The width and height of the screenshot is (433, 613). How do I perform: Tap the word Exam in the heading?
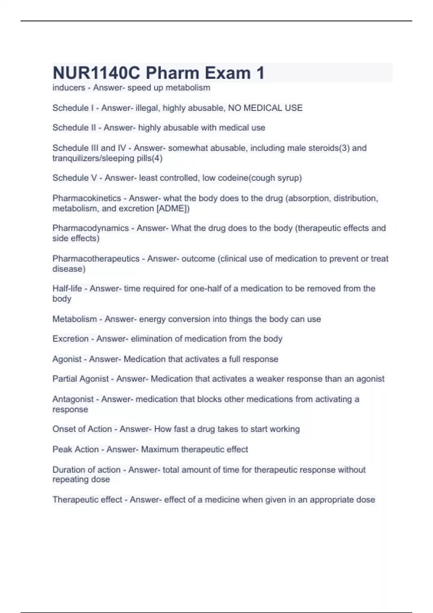[228, 73]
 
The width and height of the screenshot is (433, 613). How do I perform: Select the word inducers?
[69, 88]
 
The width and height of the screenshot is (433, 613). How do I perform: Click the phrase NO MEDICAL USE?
[265, 108]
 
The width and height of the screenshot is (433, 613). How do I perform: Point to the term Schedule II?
[74, 128]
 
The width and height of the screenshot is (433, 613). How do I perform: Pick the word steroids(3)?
[329, 148]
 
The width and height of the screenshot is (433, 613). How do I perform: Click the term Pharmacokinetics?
[87, 198]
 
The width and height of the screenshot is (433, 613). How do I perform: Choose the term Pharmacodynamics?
[91, 228]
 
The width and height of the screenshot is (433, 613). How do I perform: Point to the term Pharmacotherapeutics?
[96, 259]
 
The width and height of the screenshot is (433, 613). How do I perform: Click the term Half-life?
[67, 288]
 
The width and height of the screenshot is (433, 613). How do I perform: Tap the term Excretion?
[70, 339]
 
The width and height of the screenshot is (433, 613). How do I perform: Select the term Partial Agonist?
[80, 379]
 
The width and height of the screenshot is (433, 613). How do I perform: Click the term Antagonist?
[73, 399]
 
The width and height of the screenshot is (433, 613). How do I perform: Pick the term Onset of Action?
[82, 429]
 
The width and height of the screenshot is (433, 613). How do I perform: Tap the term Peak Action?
[75, 449]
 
